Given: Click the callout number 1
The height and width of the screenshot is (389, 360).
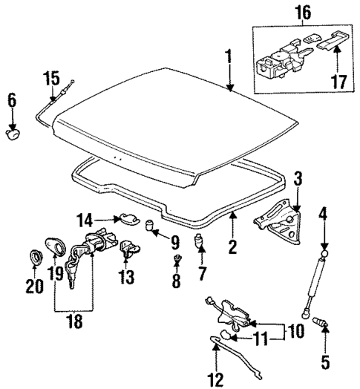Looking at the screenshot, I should tap(229, 56).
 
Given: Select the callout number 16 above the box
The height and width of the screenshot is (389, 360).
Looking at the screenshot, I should tap(305, 13).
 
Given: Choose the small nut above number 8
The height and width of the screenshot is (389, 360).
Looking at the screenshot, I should tap(177, 258).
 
